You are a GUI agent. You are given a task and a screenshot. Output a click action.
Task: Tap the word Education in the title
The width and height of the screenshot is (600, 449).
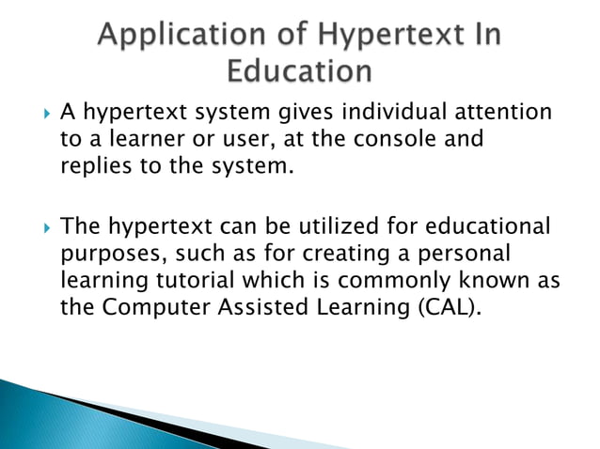coord(300,72)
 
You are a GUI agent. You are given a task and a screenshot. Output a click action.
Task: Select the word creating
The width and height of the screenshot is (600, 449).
coord(328,255)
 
